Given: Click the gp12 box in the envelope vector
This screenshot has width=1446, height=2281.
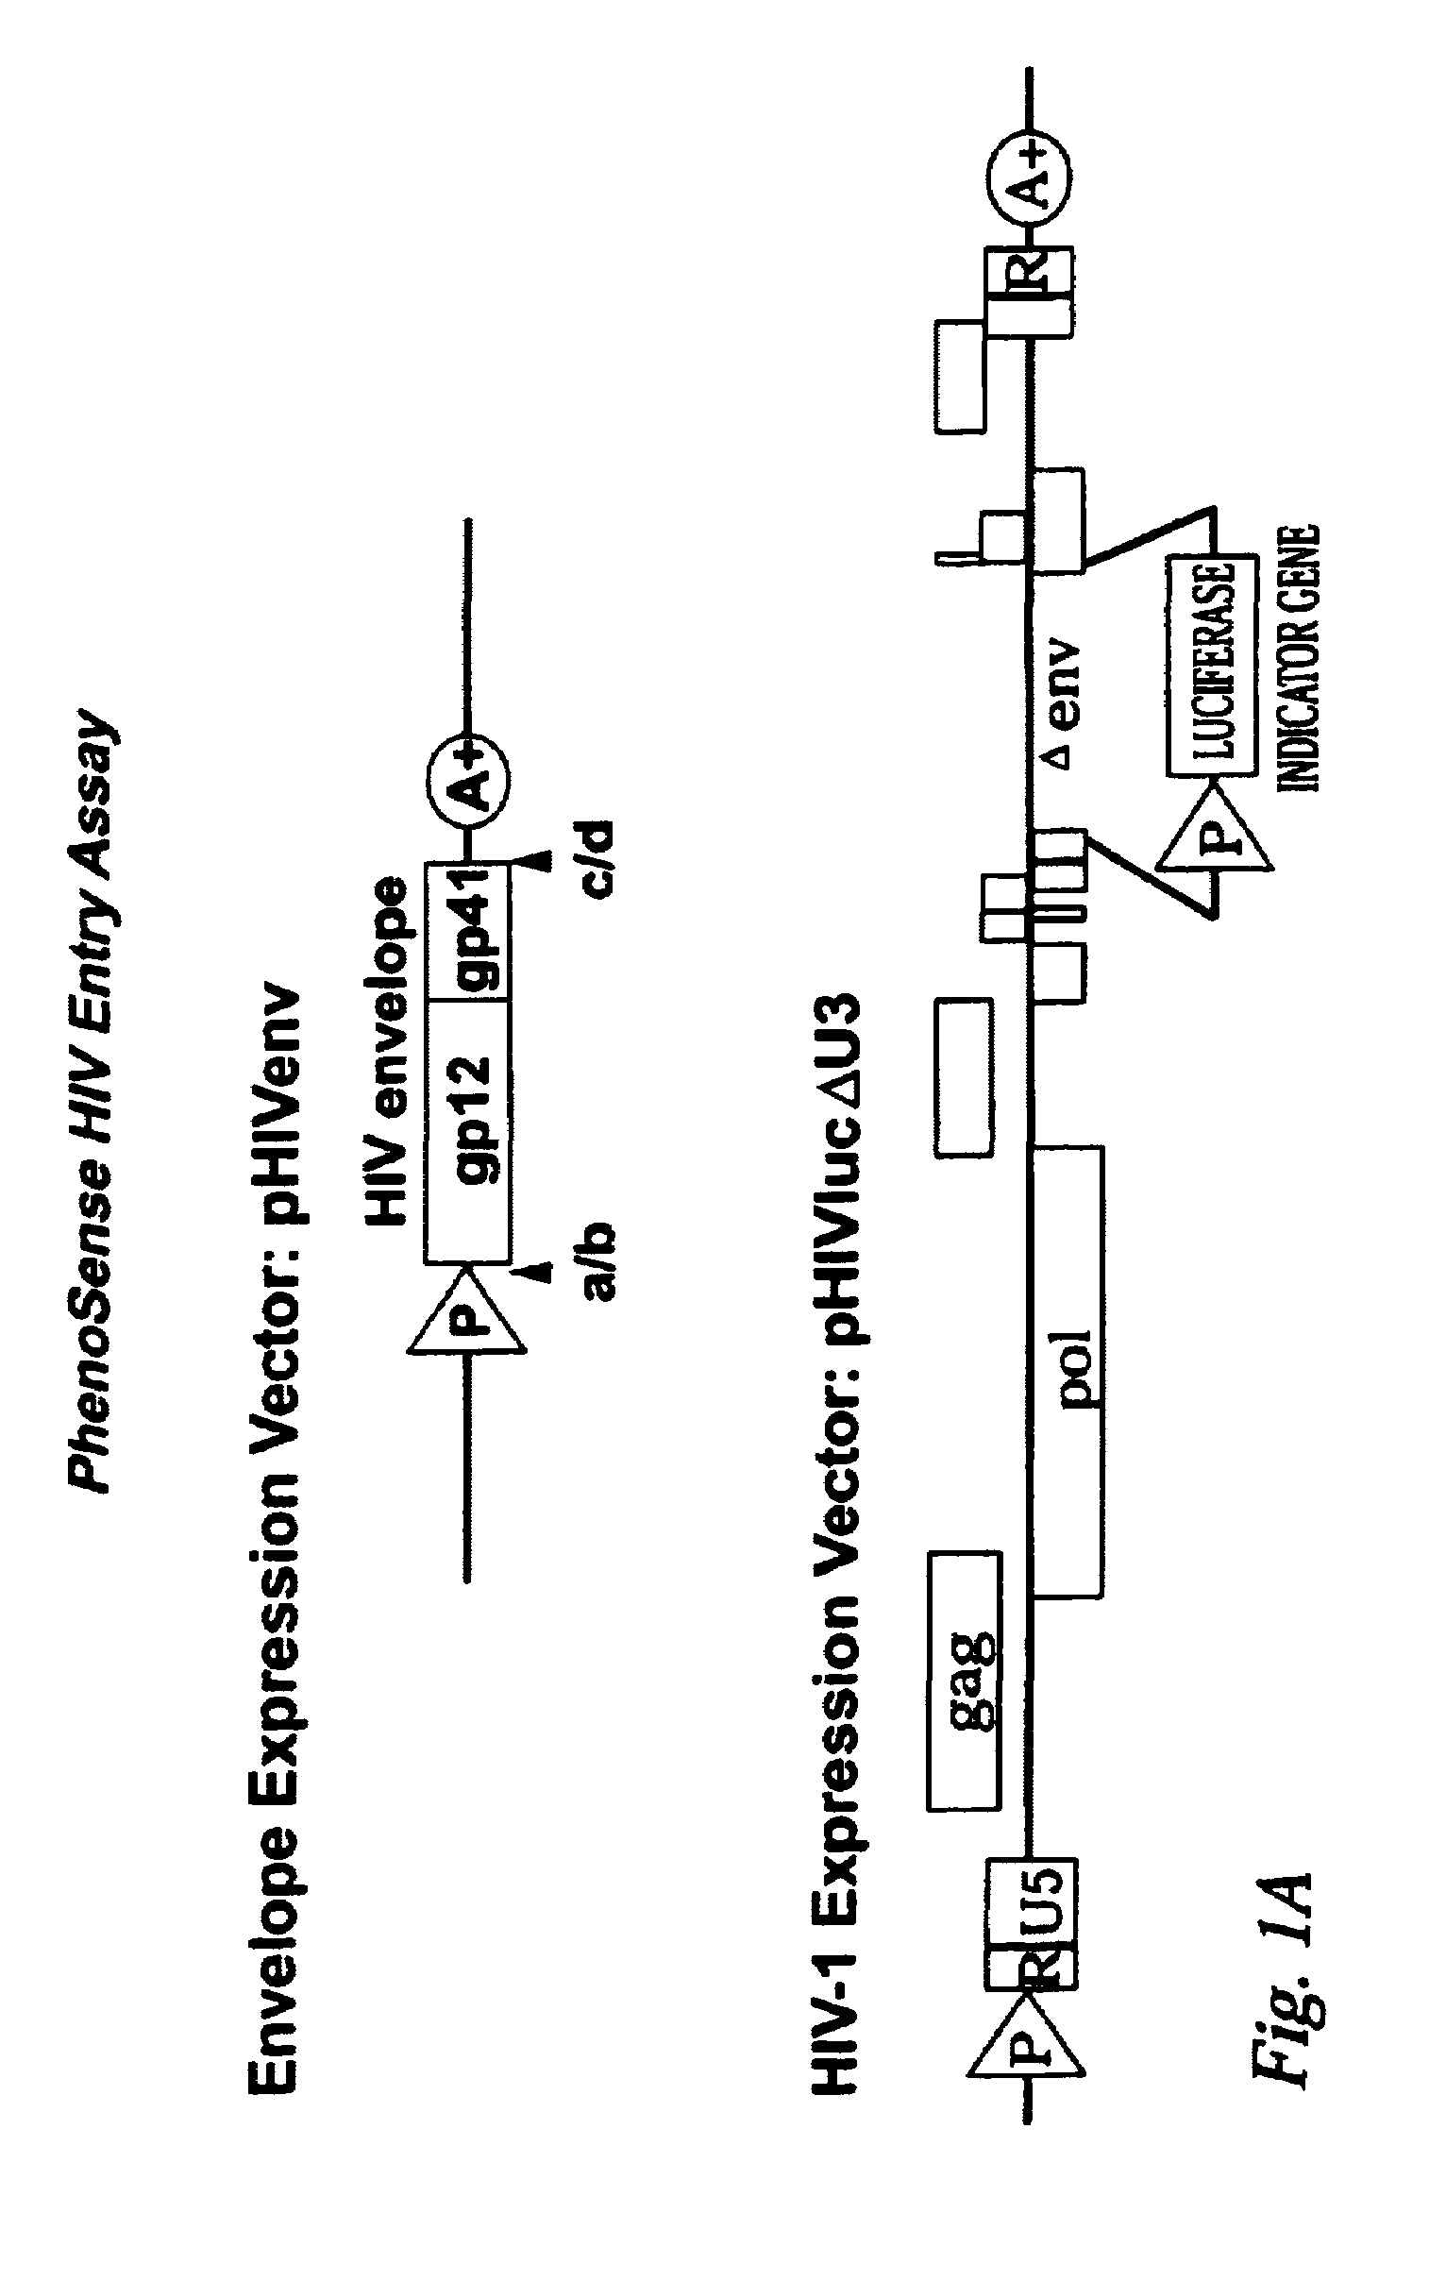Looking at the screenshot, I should (x=469, y=1130).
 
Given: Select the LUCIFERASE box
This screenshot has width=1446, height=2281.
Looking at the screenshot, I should (x=1211, y=665).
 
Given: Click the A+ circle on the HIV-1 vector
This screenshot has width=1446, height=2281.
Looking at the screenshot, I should (x=1028, y=173).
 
